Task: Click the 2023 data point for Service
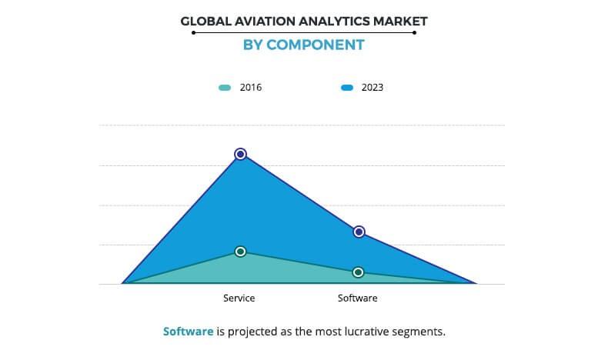(240, 154)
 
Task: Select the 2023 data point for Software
(359, 232)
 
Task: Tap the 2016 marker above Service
(240, 252)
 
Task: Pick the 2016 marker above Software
(359, 272)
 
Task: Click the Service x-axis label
(239, 298)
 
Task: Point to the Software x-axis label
(358, 298)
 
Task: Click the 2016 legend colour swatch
(225, 88)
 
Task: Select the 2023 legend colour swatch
(347, 88)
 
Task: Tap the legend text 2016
(251, 88)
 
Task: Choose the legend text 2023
(372, 88)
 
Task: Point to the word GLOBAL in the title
(204, 21)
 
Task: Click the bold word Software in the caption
(188, 332)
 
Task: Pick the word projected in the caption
(252, 332)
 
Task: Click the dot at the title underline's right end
(414, 33)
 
